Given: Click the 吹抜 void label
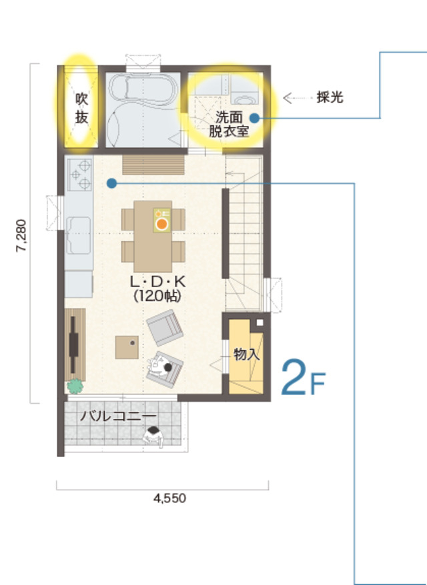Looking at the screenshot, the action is point(81,108).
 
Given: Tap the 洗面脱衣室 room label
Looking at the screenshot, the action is point(229,124).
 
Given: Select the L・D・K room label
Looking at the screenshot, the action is point(157,282).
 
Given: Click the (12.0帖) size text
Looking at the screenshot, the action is point(157,296).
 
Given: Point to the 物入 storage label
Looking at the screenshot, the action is point(247,354).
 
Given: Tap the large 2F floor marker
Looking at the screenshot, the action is point(303,378).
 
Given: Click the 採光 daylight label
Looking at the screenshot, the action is point(330,97).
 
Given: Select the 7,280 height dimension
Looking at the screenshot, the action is point(21,235).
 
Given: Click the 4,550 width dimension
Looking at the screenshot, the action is point(169,498).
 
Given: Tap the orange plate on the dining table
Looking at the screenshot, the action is point(161,224).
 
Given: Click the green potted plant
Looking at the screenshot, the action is point(75,386).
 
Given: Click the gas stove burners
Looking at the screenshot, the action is point(80,174).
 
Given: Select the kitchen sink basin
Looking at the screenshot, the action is point(79,235).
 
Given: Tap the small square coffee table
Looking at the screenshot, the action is point(127,347).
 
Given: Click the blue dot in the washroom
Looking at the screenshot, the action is point(254,119).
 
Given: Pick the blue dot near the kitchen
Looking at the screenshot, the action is point(111,183).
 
